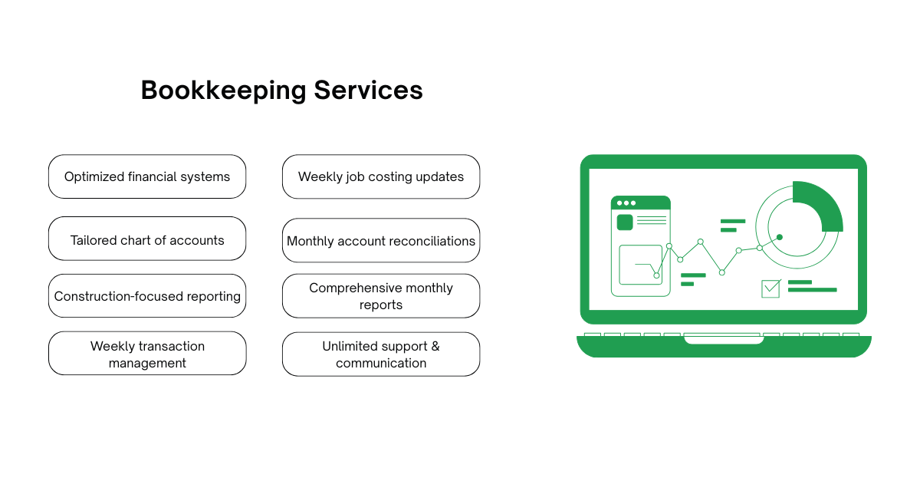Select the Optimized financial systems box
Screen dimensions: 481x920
(147, 177)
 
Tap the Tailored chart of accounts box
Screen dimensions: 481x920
(147, 240)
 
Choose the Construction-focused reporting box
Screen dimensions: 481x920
(147, 296)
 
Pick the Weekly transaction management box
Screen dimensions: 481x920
(147, 354)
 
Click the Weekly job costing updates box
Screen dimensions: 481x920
(381, 177)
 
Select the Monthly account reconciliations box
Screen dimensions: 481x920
(381, 241)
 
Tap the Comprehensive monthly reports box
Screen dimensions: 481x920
(381, 296)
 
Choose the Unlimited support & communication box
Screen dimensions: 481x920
(381, 354)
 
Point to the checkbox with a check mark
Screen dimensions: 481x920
(770, 288)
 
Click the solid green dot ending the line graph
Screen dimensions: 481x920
(780, 237)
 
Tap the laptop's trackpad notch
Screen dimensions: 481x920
(724, 338)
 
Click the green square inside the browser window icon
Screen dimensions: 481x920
(625, 222)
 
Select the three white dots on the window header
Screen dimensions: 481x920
(626, 203)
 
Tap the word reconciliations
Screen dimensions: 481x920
(431, 241)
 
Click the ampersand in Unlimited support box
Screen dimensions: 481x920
(435, 346)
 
